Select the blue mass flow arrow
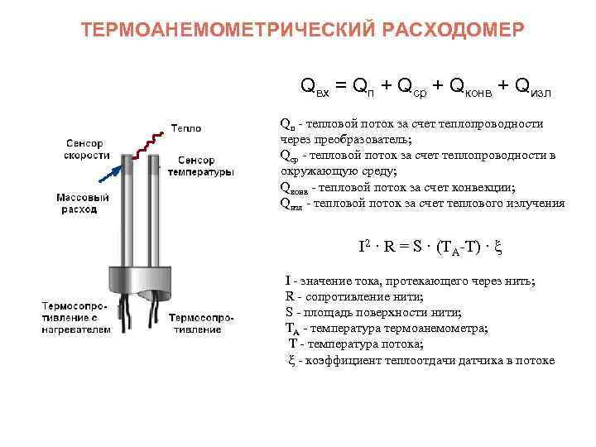tap(108, 176)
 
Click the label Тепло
tap(186, 128)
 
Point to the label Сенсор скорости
tap(87, 149)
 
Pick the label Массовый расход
tap(83, 204)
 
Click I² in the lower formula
tap(364, 247)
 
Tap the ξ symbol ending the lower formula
tap(498, 247)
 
